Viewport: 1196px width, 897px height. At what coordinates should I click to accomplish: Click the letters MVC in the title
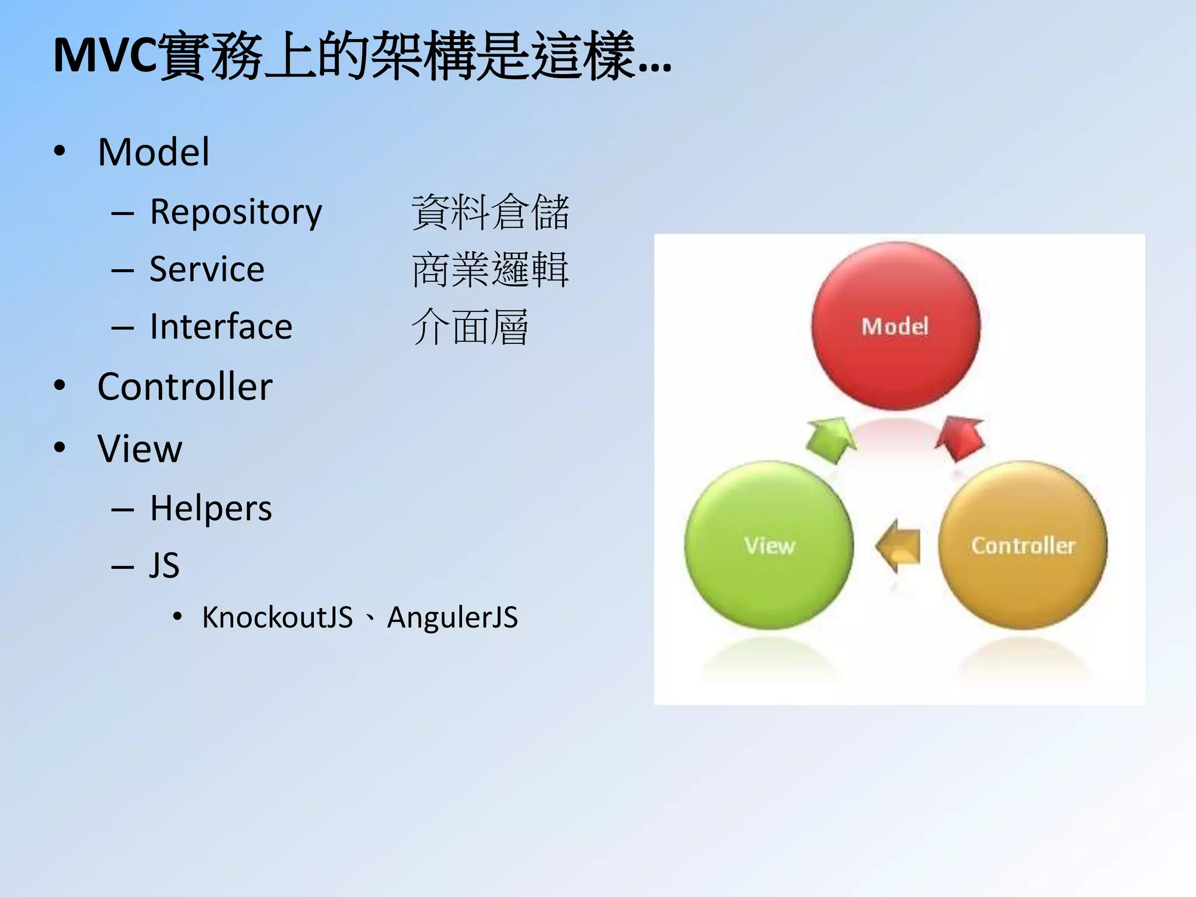105,56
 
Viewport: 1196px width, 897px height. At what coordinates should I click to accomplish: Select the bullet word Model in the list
154,152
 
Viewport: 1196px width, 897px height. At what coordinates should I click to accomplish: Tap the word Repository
235,212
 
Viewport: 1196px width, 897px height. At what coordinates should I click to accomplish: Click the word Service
207,269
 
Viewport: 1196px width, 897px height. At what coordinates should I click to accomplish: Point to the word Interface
221,326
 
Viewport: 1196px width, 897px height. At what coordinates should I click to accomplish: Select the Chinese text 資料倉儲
490,212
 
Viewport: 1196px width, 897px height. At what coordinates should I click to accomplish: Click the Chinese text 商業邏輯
490,269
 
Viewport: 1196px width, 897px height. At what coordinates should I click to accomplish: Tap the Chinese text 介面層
470,327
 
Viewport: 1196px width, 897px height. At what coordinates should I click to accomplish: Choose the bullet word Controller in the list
185,387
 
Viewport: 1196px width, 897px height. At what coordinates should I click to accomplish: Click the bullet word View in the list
140,448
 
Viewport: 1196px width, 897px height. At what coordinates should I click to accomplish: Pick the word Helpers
211,508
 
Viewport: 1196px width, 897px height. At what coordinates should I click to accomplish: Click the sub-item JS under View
164,565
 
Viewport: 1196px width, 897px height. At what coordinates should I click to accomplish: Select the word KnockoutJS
277,618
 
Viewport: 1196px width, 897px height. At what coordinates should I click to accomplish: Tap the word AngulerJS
453,618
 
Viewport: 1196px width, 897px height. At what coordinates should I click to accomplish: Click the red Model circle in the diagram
895,326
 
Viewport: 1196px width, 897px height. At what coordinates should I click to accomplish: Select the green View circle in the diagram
769,545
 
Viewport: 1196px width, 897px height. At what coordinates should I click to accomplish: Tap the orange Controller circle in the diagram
1023,545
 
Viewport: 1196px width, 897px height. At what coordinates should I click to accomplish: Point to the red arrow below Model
960,439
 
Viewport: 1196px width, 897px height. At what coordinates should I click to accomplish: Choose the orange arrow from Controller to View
898,546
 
